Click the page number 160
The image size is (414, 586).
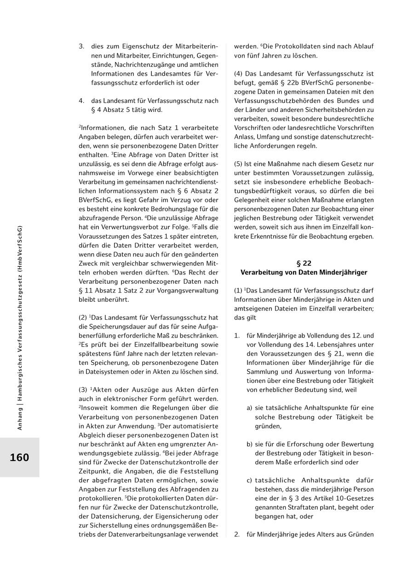pos(19,457)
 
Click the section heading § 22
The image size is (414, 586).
pos(304,264)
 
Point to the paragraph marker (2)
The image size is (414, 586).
pos(83,317)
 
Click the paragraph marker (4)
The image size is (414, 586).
pos(238,74)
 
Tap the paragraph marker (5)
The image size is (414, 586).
pos(238,164)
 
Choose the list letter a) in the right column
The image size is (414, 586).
pos(249,408)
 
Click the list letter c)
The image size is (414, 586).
pos(249,481)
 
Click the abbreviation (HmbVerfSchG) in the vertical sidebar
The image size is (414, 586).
pos(19,249)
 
